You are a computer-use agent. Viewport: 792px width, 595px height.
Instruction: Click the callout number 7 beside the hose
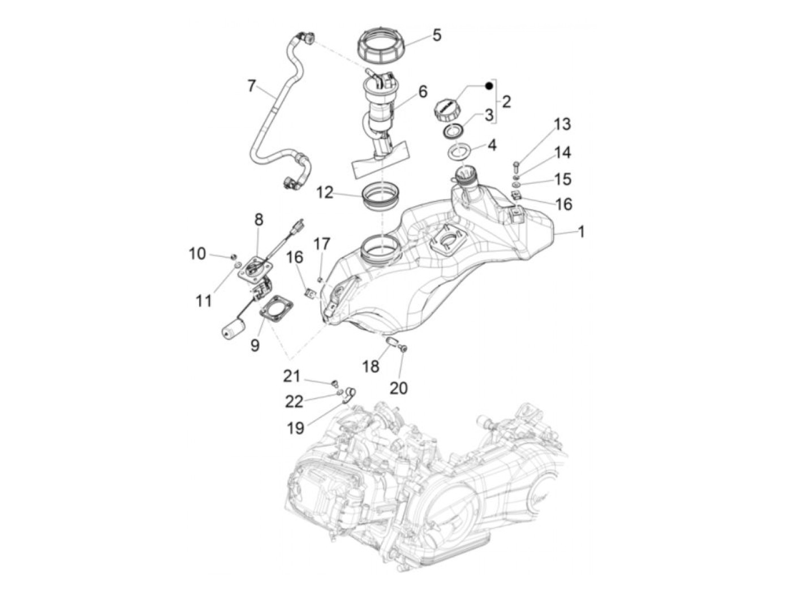(251, 86)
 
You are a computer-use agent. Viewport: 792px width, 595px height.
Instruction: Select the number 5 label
(436, 35)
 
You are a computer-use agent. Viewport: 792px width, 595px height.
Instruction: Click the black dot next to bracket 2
(489, 85)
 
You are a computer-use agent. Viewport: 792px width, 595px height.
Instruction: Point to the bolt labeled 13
(516, 166)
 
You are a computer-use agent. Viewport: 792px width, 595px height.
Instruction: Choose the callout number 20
(398, 387)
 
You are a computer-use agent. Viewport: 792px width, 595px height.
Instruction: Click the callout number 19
(295, 428)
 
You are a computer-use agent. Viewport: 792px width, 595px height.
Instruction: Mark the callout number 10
(197, 253)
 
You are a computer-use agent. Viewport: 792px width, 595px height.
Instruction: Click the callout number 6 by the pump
(423, 92)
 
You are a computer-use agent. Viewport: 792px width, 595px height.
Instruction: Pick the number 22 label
(294, 401)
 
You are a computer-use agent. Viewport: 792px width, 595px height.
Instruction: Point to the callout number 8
(259, 219)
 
